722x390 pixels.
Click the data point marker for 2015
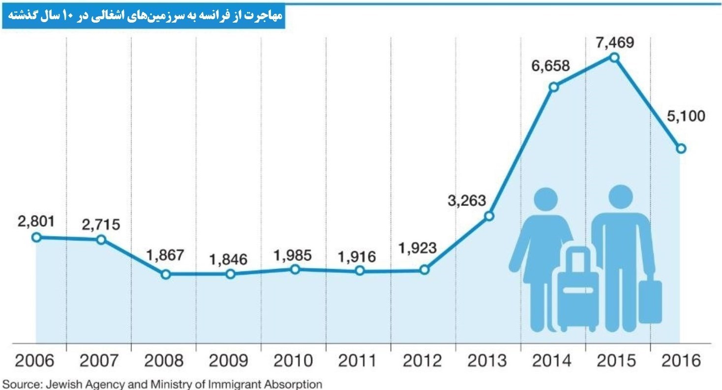(614, 58)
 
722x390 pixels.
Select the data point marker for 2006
(36, 237)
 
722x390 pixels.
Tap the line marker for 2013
(489, 216)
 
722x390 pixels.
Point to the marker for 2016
(681, 148)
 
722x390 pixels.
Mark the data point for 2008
(166, 274)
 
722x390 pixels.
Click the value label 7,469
(613, 42)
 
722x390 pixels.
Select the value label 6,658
(550, 65)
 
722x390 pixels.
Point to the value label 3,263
(467, 201)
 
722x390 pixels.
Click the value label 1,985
(294, 255)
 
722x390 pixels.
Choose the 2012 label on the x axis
(423, 361)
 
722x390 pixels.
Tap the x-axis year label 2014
(552, 361)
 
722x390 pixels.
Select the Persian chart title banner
(144, 17)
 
